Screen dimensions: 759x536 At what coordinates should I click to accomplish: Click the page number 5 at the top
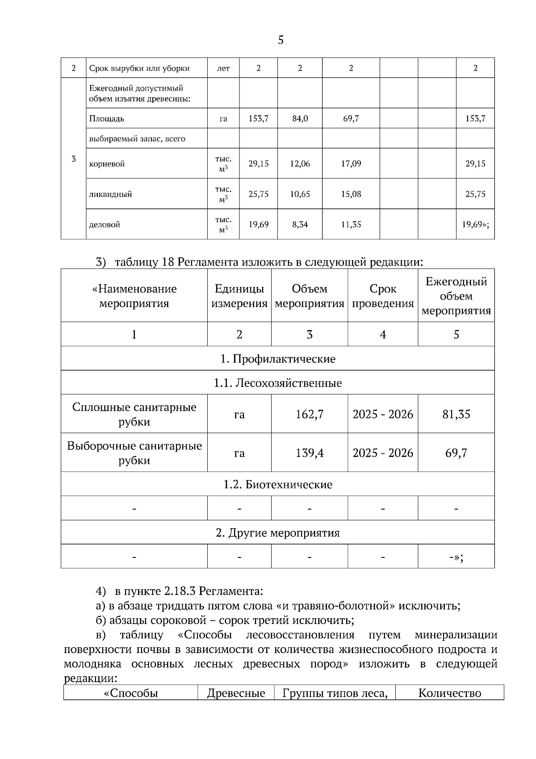281,40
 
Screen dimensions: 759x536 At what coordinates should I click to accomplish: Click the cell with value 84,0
300,119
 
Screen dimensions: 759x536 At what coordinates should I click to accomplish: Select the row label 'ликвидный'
110,194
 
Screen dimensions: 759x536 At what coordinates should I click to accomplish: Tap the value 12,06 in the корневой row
300,164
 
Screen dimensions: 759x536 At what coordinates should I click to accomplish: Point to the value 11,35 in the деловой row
351,224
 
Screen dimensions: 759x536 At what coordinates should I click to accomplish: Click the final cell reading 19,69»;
475,224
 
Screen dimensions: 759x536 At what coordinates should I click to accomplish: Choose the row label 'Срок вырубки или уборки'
139,68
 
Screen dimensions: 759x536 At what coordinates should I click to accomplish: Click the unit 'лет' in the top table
223,68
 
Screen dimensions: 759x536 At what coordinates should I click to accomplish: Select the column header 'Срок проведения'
383,296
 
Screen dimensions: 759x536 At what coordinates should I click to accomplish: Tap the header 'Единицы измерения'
239,296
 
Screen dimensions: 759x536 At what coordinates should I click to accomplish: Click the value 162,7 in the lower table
310,414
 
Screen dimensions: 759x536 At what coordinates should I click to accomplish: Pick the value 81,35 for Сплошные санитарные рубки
456,414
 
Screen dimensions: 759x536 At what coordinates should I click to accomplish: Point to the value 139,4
310,453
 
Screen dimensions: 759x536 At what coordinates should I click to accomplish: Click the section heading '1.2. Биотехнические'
278,485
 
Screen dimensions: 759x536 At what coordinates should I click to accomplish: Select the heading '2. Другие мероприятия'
278,533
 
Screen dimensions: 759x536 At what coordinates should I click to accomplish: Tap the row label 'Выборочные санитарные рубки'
134,453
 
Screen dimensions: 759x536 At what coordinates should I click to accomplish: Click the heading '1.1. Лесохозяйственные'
278,383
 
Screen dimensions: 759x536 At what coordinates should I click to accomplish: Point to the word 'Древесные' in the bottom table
236,693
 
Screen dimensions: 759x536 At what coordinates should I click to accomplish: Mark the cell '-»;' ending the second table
456,557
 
